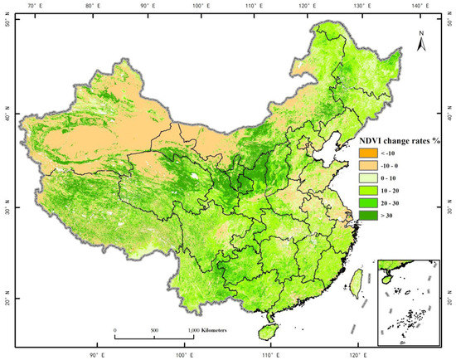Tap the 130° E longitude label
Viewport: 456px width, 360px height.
point(361,6)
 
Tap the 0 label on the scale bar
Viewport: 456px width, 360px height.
point(115,331)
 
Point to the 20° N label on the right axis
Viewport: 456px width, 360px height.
point(448,300)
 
